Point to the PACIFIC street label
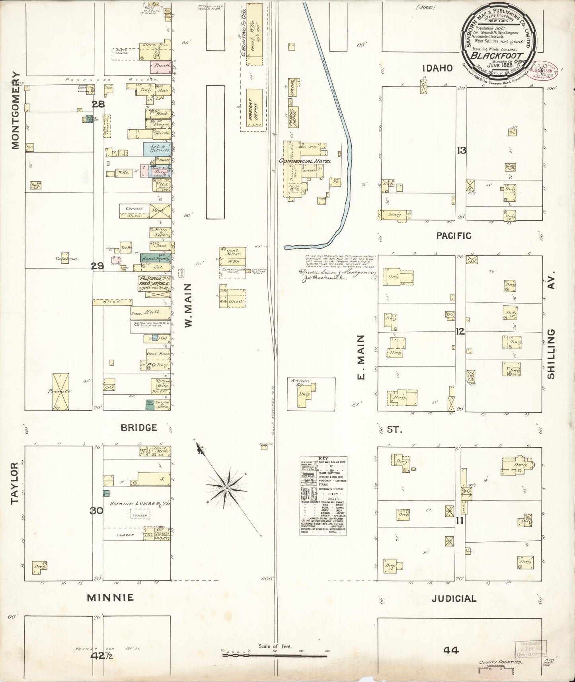click(x=453, y=236)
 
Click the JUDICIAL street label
click(x=454, y=598)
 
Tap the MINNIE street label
click(x=111, y=597)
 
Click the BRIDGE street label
click(x=138, y=428)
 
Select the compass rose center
click(x=226, y=488)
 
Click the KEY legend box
click(x=323, y=495)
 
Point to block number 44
click(x=451, y=650)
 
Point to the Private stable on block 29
click(x=61, y=392)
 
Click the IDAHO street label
click(x=438, y=68)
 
